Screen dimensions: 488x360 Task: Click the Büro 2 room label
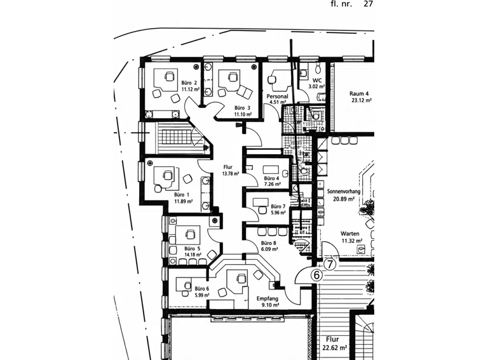coord(189,83)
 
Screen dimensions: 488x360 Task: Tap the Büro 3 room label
coord(242,108)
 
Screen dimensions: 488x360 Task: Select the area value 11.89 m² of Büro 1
coord(183,201)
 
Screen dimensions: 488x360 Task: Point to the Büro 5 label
coord(193,249)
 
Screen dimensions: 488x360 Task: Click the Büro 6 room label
coord(201,289)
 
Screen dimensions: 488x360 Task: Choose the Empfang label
coord(268,299)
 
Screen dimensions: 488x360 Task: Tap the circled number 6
coord(317,276)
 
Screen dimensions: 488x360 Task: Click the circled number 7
coord(330,265)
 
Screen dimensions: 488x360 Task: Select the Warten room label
coord(350,234)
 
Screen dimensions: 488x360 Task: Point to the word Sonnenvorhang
coord(344,192)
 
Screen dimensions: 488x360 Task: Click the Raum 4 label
coord(359,93)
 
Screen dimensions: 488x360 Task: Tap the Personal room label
coord(277,97)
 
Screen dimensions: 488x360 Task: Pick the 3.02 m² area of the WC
coord(316,86)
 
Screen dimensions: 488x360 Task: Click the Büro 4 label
coord(271,178)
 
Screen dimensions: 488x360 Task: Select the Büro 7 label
coord(278,206)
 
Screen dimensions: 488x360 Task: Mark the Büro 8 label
coord(269,243)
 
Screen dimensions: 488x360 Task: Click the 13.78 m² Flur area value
coord(230,174)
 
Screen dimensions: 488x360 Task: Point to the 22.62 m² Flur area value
coord(335,348)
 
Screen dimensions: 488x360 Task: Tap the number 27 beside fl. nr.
coord(368,4)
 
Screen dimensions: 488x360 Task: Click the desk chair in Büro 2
coord(169,76)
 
